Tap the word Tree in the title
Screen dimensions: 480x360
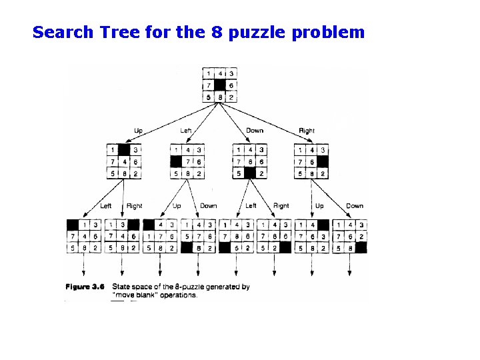(114, 32)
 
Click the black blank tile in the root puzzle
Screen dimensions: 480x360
(221, 85)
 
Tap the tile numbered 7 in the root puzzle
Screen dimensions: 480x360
(209, 85)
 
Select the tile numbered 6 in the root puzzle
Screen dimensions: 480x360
(231, 85)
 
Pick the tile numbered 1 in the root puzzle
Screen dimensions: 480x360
(209, 73)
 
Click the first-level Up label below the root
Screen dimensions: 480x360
(139, 131)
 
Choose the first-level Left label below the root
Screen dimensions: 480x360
(186, 131)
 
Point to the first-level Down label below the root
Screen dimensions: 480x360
(255, 131)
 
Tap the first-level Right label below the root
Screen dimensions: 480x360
(307, 131)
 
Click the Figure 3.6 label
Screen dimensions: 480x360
(85, 287)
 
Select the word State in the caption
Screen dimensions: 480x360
(122, 287)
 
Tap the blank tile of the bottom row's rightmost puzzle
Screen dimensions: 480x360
(361, 248)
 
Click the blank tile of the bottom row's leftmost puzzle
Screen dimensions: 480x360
(73, 225)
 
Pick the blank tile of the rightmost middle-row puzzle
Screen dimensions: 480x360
(323, 162)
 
